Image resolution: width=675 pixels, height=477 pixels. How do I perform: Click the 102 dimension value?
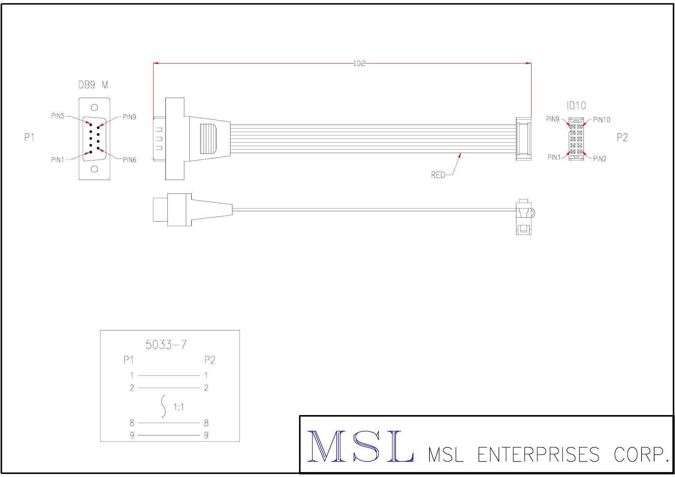tap(359, 63)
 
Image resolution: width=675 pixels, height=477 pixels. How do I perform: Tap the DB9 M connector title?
tap(93, 85)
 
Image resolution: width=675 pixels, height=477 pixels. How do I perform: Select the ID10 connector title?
tap(576, 105)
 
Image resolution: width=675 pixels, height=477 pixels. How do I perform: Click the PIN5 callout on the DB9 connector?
tap(58, 116)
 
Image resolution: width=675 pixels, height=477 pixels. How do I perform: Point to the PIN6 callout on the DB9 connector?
tap(130, 160)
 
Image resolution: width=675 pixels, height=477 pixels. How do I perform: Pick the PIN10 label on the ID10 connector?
tap(601, 120)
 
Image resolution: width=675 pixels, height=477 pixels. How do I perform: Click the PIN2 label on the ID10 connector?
tap(600, 159)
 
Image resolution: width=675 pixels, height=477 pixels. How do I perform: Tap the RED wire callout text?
tap(438, 175)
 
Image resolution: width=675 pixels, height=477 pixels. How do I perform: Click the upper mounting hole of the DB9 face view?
tap(94, 108)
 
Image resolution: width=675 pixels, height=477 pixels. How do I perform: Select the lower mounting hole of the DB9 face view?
tap(94, 169)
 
